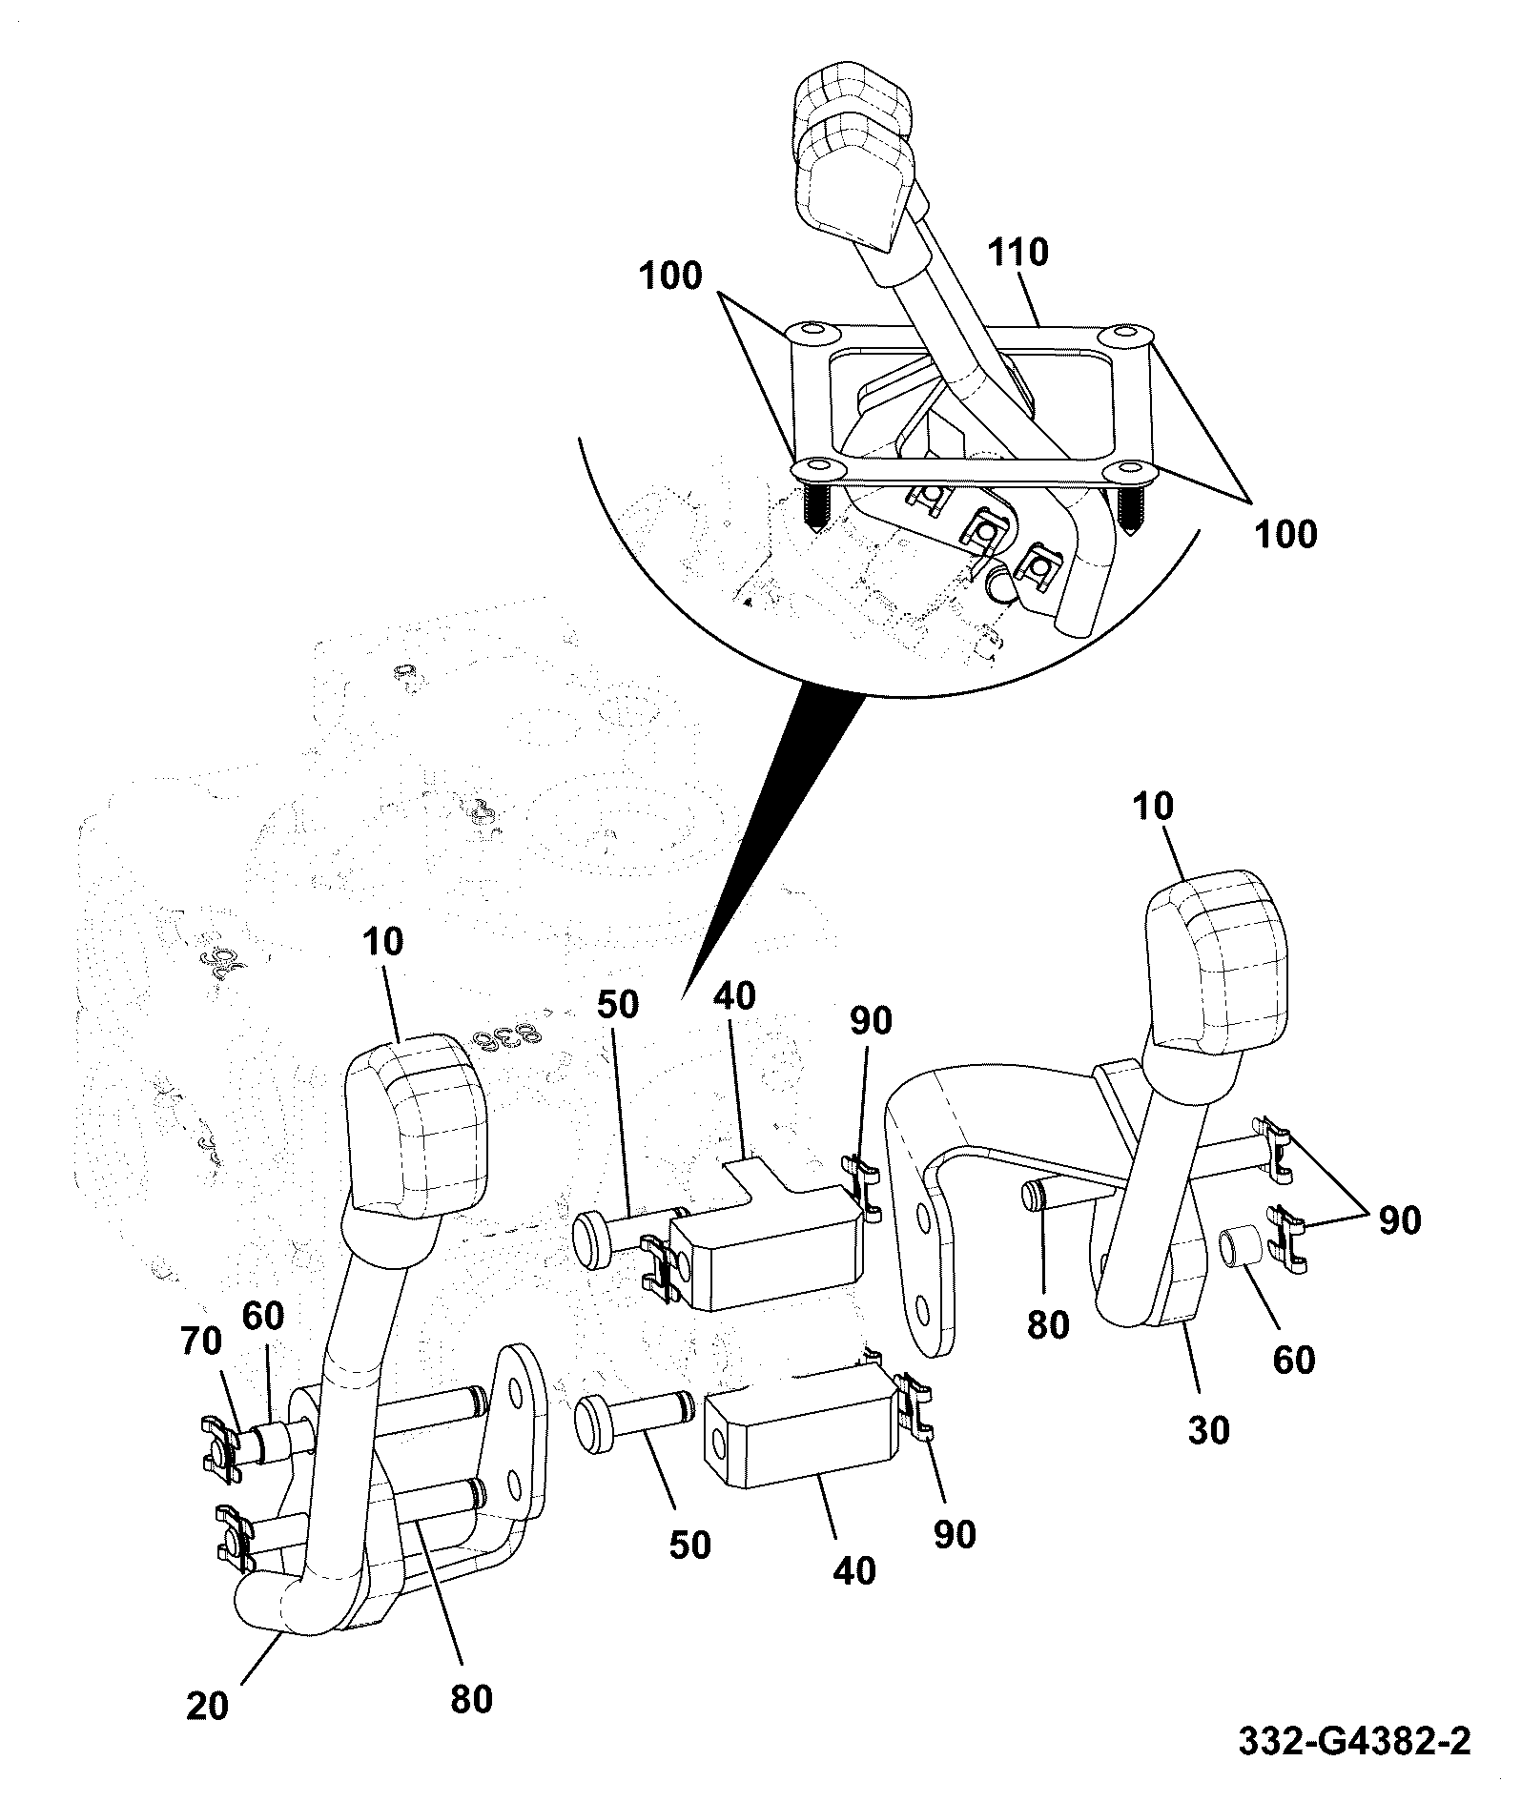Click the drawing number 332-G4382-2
coord(1354,1741)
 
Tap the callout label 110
coord(1017,253)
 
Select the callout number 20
coord(208,1706)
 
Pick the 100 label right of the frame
coord(1285,533)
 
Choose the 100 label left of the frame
coord(670,276)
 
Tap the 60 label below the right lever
coord(1293,1359)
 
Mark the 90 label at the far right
coord(1397,1220)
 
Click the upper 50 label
coord(619,1005)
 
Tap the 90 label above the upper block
coord(871,1020)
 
